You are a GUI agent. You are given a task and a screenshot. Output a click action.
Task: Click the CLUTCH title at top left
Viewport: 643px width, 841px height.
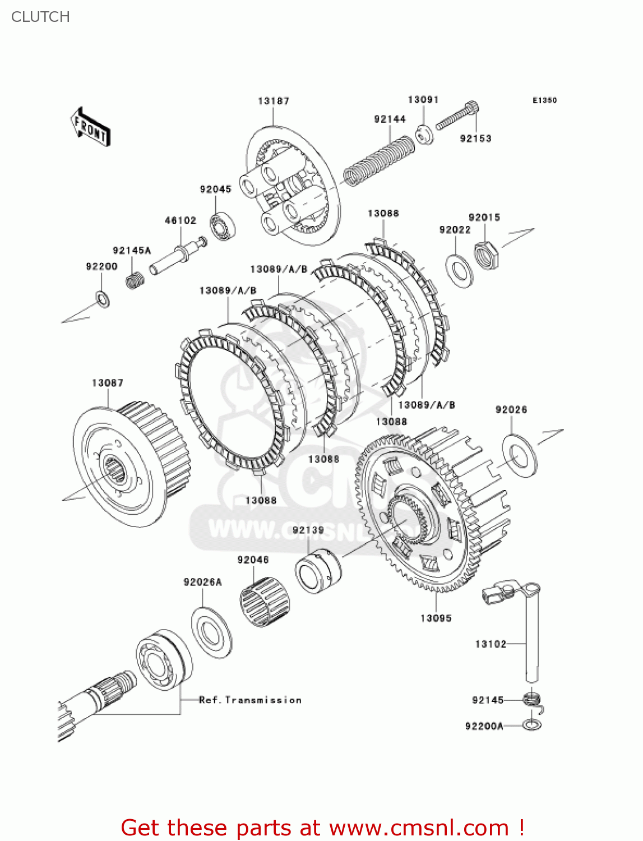pyautogui.click(x=40, y=17)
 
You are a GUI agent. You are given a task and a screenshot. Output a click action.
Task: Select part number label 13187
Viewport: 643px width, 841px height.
pyautogui.click(x=274, y=101)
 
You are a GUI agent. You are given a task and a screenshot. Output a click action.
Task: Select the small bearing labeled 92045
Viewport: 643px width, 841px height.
pyautogui.click(x=223, y=226)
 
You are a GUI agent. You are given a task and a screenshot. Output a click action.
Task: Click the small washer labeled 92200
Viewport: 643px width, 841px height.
pyautogui.click(x=103, y=299)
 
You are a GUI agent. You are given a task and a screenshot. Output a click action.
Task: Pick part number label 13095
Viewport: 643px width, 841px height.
pyautogui.click(x=436, y=618)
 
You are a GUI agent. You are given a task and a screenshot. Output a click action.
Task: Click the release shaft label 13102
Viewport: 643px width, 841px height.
pyautogui.click(x=491, y=644)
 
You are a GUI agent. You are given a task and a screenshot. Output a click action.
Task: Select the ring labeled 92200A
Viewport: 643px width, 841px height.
pyautogui.click(x=531, y=726)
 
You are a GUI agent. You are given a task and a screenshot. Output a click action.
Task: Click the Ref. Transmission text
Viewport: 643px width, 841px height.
pyautogui.click(x=250, y=700)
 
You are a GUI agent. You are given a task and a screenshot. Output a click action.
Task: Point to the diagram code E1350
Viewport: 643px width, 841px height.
pyautogui.click(x=544, y=100)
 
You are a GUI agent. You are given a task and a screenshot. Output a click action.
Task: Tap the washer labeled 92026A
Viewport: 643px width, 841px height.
pyautogui.click(x=211, y=632)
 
